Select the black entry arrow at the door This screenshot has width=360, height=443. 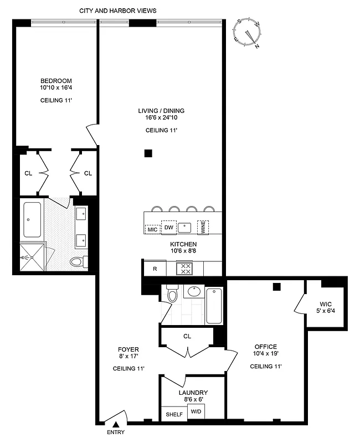[x=116, y=424]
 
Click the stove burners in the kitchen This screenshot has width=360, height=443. [x=184, y=269]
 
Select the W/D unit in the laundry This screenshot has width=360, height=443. [x=196, y=412]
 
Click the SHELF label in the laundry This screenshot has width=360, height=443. [x=172, y=413]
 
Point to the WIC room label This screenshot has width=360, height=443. [x=326, y=303]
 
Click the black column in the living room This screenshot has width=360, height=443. [x=148, y=153]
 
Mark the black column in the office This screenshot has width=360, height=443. [x=276, y=286]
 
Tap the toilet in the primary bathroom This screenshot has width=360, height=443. [x=76, y=262]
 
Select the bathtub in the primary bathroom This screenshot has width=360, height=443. [x=32, y=220]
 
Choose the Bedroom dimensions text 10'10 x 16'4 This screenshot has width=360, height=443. [x=55, y=87]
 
